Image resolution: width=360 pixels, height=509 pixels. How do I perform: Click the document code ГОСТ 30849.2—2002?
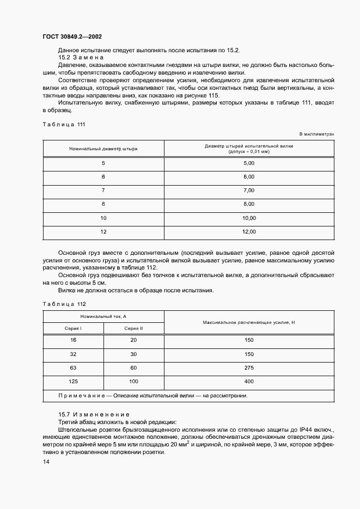tap(72, 37)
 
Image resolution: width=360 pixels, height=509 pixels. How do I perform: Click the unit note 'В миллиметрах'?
tap(316, 134)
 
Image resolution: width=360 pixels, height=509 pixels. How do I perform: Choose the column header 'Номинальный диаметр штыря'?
tap(103, 148)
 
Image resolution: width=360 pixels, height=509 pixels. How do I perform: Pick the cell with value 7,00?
tap(249, 191)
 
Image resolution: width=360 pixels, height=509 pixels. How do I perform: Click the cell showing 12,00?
tap(249, 232)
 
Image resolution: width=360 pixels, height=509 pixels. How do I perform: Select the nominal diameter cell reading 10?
tap(103, 218)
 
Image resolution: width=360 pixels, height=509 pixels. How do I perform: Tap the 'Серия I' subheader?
tap(72, 328)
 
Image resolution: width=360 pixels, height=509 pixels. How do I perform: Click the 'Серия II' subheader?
tap(133, 328)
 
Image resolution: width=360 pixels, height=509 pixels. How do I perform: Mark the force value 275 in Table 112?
tap(249, 367)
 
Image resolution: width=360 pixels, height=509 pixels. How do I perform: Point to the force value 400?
tap(249, 382)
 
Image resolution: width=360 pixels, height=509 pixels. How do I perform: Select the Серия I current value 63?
tap(72, 367)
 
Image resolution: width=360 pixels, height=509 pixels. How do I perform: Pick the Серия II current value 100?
tap(133, 382)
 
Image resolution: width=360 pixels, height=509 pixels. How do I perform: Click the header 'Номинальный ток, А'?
tap(103, 316)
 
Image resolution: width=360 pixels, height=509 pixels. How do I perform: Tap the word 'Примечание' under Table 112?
tap(80, 396)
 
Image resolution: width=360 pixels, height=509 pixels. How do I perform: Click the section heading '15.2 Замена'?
tap(81, 57)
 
